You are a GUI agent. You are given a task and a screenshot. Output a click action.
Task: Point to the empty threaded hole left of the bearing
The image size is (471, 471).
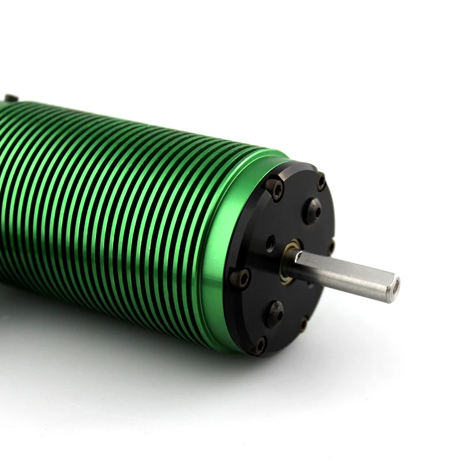(x=270, y=241)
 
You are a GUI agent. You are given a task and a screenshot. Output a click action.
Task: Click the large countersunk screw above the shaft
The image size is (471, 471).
(x=313, y=209)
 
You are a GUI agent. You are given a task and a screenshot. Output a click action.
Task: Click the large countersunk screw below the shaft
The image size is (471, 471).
(x=275, y=313)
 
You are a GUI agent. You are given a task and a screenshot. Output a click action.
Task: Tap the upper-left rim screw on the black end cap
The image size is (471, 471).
(x=275, y=188)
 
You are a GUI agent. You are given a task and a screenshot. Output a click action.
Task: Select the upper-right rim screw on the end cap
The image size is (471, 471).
(x=321, y=181)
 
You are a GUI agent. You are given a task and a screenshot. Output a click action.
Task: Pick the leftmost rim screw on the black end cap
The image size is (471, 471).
(x=241, y=277)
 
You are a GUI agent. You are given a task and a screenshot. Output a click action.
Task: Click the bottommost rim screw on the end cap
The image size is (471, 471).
(x=259, y=345)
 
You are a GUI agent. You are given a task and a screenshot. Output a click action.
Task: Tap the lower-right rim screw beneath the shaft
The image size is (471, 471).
(x=304, y=323)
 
